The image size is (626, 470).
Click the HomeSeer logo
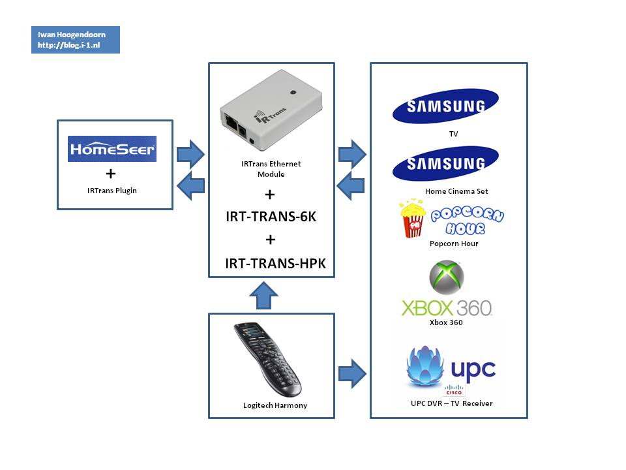tap(112, 149)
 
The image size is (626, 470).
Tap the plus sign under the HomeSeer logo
tap(110, 174)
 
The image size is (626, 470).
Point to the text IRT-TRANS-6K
tap(271, 217)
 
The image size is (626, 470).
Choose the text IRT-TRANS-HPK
tap(275, 264)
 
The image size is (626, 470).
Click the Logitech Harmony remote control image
tap(267, 359)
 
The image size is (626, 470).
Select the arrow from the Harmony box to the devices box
tap(351, 373)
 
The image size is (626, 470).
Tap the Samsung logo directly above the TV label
tap(445, 106)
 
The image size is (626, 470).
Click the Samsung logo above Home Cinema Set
tap(445, 163)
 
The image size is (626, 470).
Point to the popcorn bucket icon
tap(413, 219)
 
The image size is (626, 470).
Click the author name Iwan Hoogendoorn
tap(71, 35)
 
